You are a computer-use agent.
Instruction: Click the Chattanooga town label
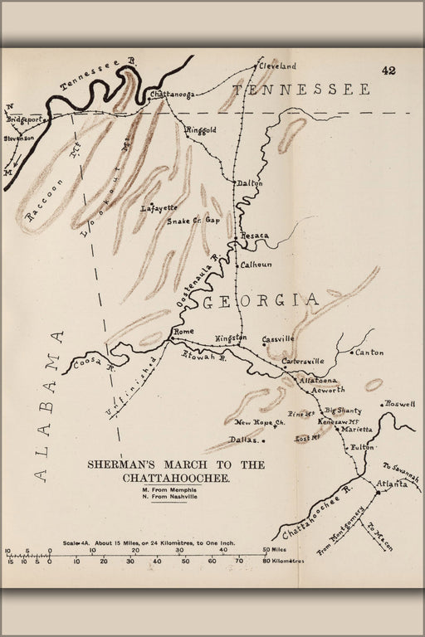(172, 95)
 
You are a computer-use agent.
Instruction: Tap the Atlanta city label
(392, 484)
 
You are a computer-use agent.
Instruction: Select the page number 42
(388, 71)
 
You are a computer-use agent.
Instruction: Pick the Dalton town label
(249, 182)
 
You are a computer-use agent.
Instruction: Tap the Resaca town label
(255, 236)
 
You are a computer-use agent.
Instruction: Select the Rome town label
(182, 332)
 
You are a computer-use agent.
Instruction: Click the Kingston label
(232, 338)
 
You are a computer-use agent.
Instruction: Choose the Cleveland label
(277, 65)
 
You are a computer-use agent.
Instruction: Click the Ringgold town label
(201, 130)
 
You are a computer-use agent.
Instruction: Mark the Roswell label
(399, 404)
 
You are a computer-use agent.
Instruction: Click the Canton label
(369, 353)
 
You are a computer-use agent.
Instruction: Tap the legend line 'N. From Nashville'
(170, 497)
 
